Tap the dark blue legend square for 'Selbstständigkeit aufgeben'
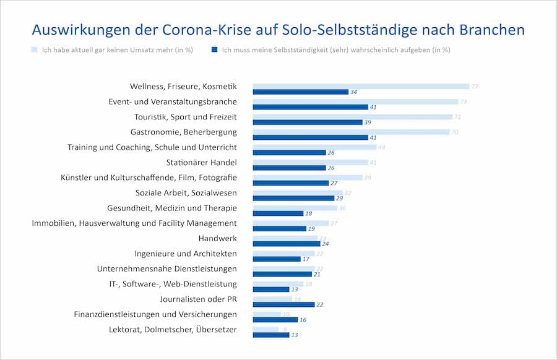click(214, 49)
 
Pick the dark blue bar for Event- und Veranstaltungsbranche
click(310, 107)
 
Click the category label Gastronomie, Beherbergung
click(183, 132)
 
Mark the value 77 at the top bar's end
click(474, 87)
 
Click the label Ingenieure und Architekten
click(185, 254)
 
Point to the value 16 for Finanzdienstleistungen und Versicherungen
click(302, 320)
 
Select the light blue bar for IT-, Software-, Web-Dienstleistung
click(278, 284)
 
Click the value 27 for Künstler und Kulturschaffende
click(334, 183)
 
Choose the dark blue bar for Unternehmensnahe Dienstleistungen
click(282, 274)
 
